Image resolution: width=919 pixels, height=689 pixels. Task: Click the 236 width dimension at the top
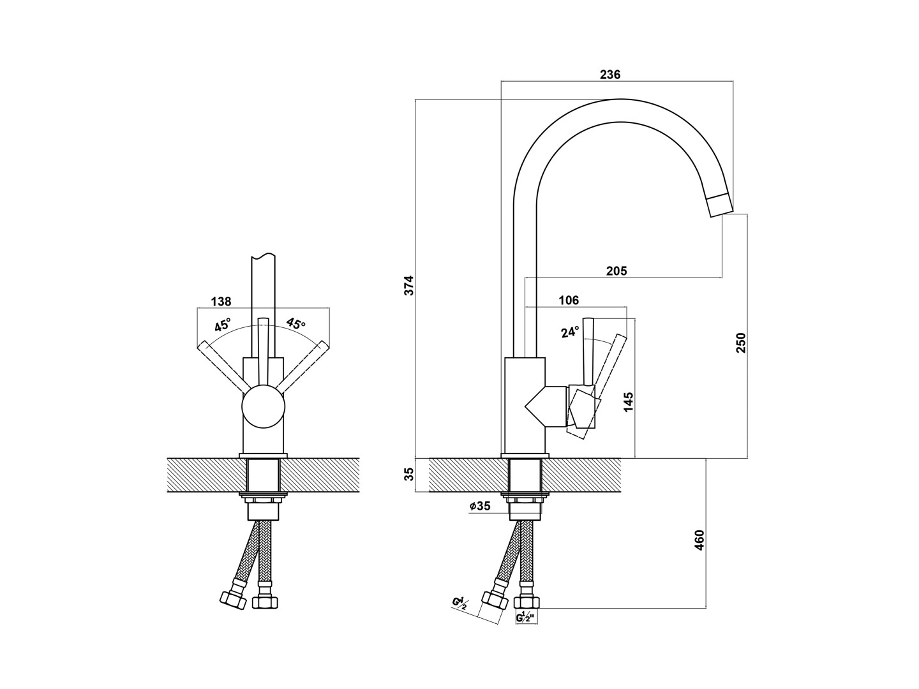(x=610, y=75)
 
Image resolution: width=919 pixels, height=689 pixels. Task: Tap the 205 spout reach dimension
(x=616, y=271)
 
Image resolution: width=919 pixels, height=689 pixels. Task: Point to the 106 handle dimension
(x=569, y=300)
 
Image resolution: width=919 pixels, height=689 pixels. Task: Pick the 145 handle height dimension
(x=629, y=403)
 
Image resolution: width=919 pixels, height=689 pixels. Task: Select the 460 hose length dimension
(x=699, y=540)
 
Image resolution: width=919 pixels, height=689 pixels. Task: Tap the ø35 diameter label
(x=480, y=506)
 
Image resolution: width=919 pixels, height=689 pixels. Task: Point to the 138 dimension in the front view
(x=221, y=301)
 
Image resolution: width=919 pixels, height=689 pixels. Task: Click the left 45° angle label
(x=223, y=325)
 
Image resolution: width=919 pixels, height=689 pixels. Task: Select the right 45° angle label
(x=296, y=323)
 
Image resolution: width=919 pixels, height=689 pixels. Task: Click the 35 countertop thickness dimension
(x=410, y=474)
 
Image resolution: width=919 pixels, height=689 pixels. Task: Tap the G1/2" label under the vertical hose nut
(x=527, y=617)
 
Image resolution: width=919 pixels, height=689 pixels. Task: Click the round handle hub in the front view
(x=264, y=407)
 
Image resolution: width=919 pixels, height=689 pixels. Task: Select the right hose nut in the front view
(x=265, y=602)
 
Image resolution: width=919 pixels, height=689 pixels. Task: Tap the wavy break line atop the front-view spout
(x=264, y=255)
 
